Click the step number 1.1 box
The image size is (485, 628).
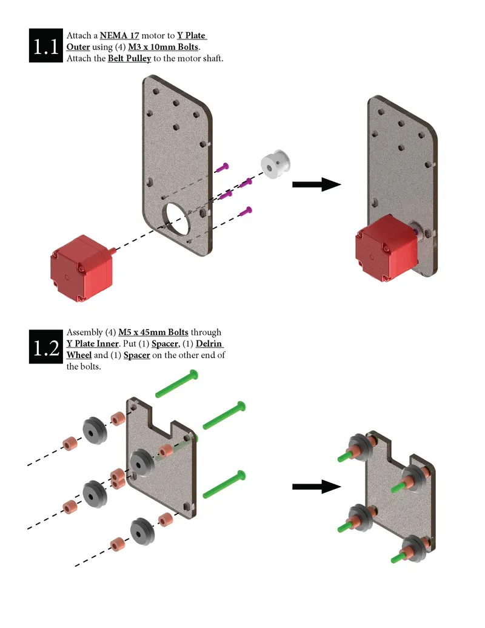click(46, 46)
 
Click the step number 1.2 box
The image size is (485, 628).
click(46, 346)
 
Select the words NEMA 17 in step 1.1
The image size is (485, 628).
click(119, 36)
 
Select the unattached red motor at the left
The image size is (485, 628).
click(82, 268)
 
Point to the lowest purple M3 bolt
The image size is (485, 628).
click(246, 211)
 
